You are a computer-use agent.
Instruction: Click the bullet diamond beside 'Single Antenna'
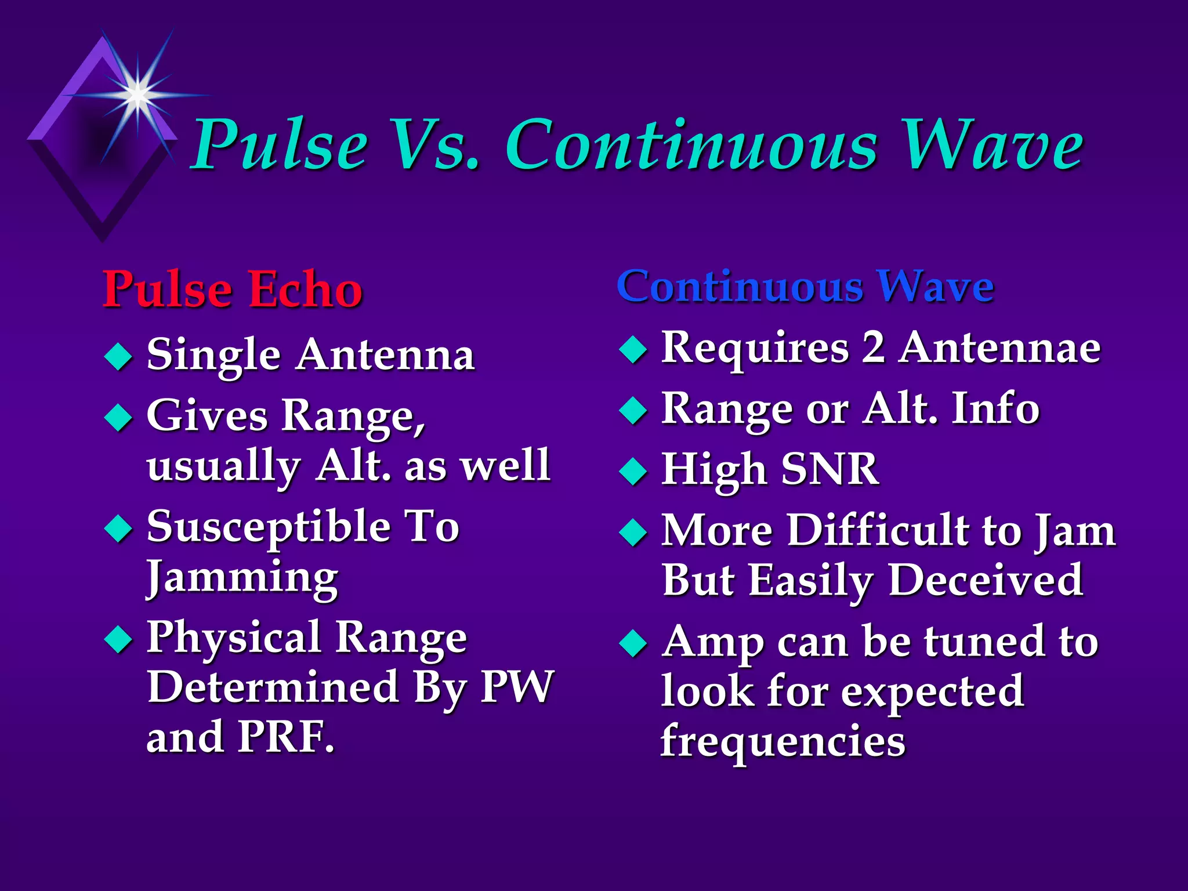pyautogui.click(x=118, y=356)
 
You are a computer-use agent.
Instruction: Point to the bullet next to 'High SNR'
pyautogui.click(x=633, y=470)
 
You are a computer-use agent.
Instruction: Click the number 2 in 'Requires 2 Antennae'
pyautogui.click(x=873, y=347)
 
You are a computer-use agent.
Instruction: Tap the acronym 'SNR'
pyautogui.click(x=830, y=469)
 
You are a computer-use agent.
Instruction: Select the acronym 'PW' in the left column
pyautogui.click(x=517, y=687)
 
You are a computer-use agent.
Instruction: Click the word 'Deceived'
pyautogui.click(x=986, y=580)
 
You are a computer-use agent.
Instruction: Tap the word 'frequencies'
pyautogui.click(x=783, y=741)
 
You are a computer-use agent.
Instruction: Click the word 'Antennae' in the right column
pyautogui.click(x=999, y=347)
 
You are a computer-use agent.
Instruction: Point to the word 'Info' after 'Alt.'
pyautogui.click(x=995, y=408)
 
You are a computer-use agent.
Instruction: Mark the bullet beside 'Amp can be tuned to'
pyautogui.click(x=633, y=643)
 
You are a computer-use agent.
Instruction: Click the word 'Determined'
pyautogui.click(x=273, y=687)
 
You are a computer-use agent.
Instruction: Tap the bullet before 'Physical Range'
pyautogui.click(x=118, y=639)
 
